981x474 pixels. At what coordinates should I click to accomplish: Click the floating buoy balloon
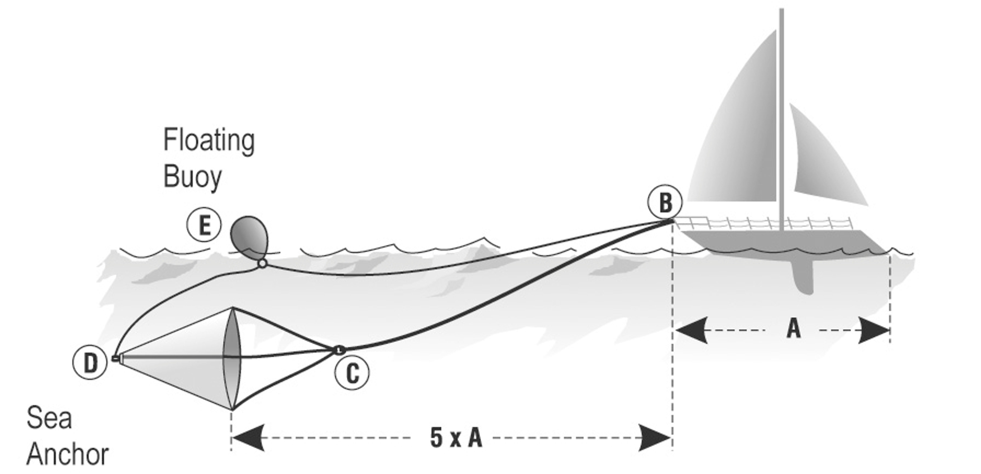(250, 236)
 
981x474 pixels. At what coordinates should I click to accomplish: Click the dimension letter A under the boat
(794, 329)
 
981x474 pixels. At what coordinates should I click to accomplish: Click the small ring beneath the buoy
(262, 263)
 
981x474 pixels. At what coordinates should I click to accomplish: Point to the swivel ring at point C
(339, 349)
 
